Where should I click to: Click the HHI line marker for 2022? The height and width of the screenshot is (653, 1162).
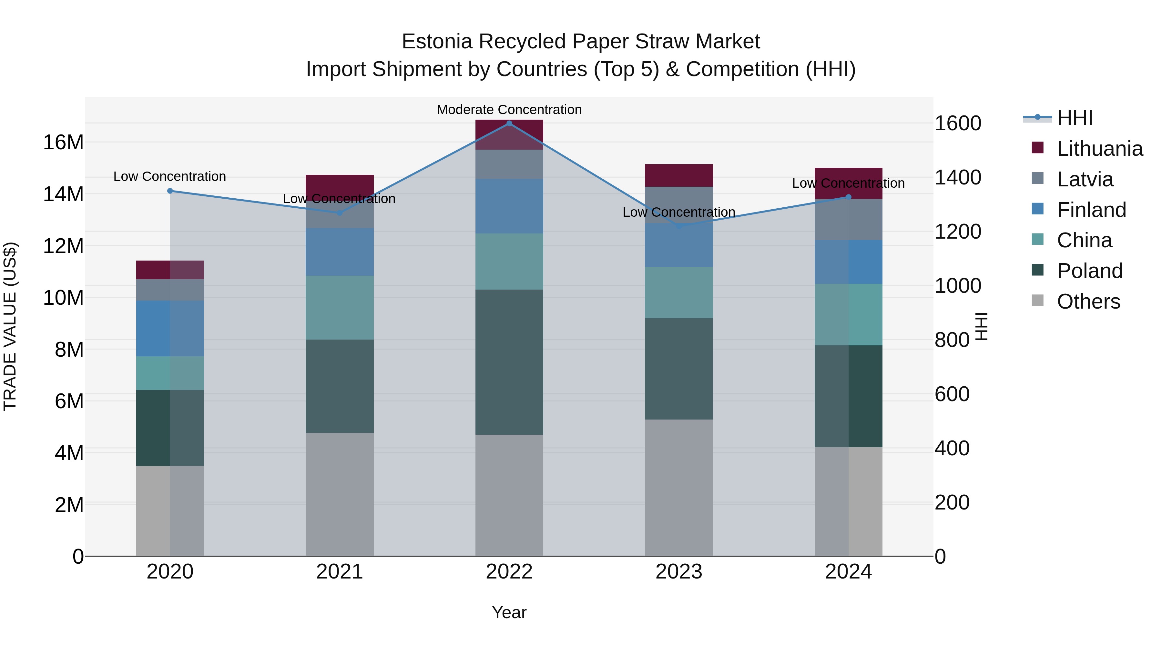(x=509, y=124)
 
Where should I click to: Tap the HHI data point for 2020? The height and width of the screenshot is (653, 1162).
(x=170, y=191)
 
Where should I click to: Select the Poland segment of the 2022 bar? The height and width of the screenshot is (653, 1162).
(x=509, y=362)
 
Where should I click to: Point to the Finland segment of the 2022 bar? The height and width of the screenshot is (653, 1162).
(x=509, y=206)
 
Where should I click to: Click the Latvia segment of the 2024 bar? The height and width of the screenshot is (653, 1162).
(x=849, y=220)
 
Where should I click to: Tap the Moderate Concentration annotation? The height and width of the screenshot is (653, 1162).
(x=509, y=110)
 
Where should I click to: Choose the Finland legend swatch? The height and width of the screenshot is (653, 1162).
(x=1037, y=209)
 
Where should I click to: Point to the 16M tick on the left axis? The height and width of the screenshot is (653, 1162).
(x=63, y=143)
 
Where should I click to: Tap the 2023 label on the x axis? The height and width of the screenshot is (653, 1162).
(x=679, y=572)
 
